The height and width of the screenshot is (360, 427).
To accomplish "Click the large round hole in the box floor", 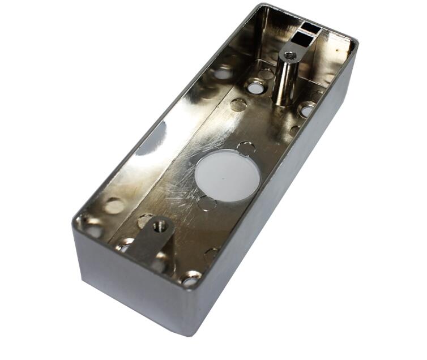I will tap(228, 175).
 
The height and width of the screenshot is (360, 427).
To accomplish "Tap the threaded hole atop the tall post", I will tap(290, 55).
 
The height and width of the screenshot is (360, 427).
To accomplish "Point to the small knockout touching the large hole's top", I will tap(246, 149).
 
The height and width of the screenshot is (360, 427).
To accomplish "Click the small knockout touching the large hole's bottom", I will tap(207, 203).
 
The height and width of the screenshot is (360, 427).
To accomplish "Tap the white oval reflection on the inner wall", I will tap(152, 139).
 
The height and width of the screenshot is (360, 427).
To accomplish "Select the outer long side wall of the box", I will tap(283, 215).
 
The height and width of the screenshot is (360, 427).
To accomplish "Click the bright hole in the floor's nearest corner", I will tap(191, 279).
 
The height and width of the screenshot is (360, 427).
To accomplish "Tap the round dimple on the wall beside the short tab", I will tap(113, 207).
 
